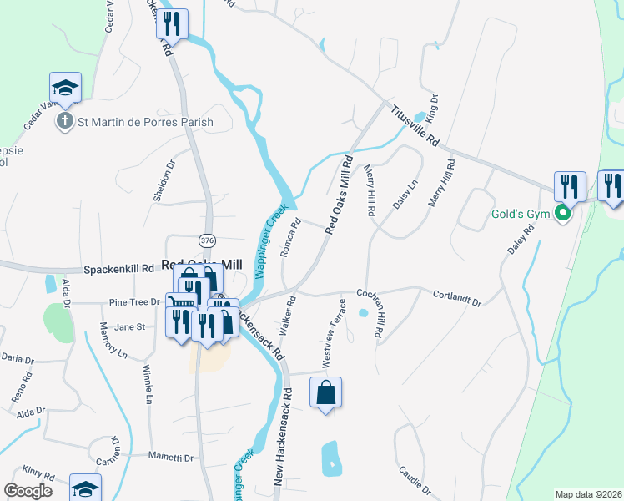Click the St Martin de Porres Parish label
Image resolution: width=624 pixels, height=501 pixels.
tap(145, 122)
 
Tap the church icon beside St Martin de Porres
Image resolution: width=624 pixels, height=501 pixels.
tap(64, 122)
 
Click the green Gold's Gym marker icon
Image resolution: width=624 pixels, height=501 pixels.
tap(563, 214)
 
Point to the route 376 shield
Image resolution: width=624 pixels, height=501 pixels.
tap(208, 240)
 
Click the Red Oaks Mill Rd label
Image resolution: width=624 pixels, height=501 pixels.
tap(340, 195)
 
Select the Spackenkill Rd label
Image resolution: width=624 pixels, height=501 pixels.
tap(118, 270)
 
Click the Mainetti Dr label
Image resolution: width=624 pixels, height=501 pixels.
tap(171, 458)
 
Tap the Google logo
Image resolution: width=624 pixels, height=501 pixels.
tap(28, 491)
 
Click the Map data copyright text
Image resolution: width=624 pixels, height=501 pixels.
tap(588, 494)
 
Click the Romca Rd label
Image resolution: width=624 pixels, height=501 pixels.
tap(289, 239)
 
